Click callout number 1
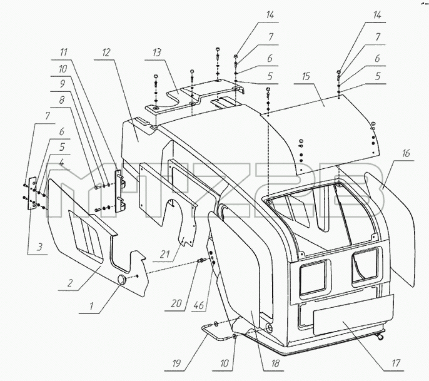click(92, 306)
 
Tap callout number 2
click(70, 283)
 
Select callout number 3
click(40, 247)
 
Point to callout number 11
click(64, 52)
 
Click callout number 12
click(106, 52)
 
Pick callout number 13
click(157, 52)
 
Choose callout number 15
click(306, 76)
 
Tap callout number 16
click(406, 153)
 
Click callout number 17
click(396, 363)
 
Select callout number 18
click(276, 363)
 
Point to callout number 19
click(176, 363)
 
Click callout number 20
click(176, 303)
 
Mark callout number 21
click(164, 254)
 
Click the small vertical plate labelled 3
click(33, 193)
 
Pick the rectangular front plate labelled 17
click(353, 315)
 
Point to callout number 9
click(63, 84)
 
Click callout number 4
click(62, 163)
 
